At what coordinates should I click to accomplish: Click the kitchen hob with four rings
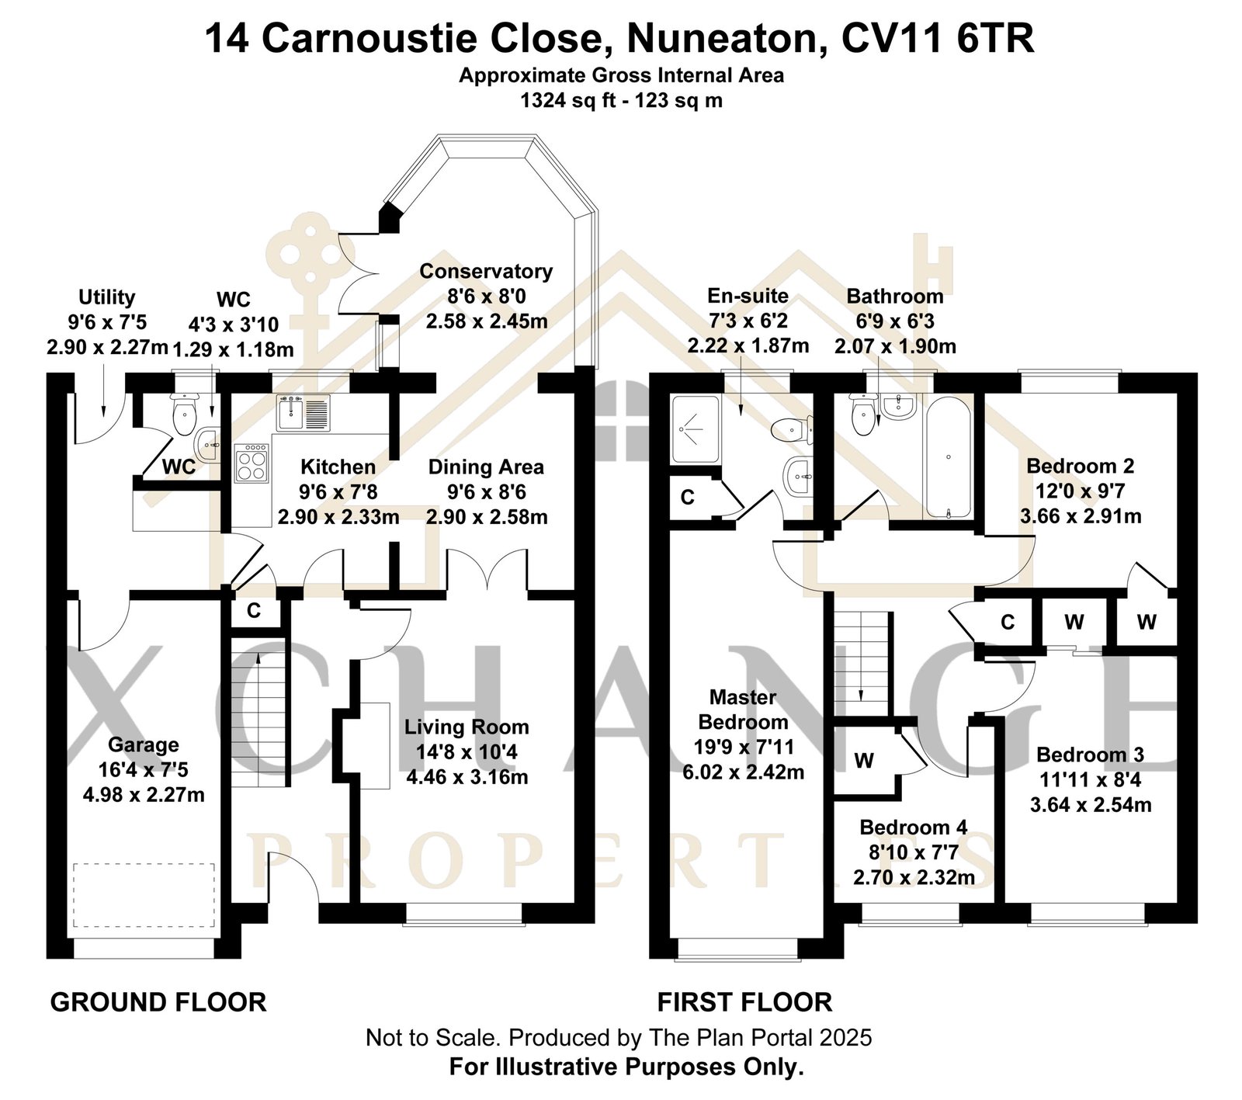pyautogui.click(x=252, y=463)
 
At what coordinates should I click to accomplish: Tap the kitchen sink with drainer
pyautogui.click(x=304, y=412)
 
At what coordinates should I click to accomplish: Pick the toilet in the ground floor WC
pyautogui.click(x=184, y=415)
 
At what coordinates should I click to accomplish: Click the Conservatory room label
pyautogui.click(x=486, y=272)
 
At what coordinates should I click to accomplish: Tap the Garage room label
pyautogui.click(x=144, y=745)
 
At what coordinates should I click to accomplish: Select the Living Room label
pyautogui.click(x=467, y=727)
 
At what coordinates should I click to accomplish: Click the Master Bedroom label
pyautogui.click(x=743, y=710)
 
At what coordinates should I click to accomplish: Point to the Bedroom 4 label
pyautogui.click(x=914, y=828)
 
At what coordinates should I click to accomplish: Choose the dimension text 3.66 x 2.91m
pyautogui.click(x=1081, y=516)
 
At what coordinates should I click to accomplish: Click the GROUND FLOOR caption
pyautogui.click(x=158, y=1002)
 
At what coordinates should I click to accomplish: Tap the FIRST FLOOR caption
pyautogui.click(x=744, y=1002)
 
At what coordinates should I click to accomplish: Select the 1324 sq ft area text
pyautogui.click(x=564, y=100)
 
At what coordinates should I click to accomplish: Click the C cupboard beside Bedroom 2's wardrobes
pyautogui.click(x=1008, y=622)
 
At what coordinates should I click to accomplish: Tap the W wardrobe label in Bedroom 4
pyautogui.click(x=865, y=761)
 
